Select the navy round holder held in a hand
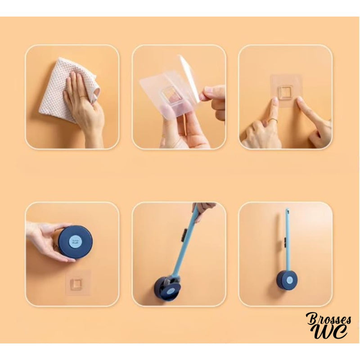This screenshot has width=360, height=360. (75, 242)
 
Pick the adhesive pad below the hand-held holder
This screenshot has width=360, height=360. (78, 283)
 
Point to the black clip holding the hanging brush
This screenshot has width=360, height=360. (283, 243)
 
